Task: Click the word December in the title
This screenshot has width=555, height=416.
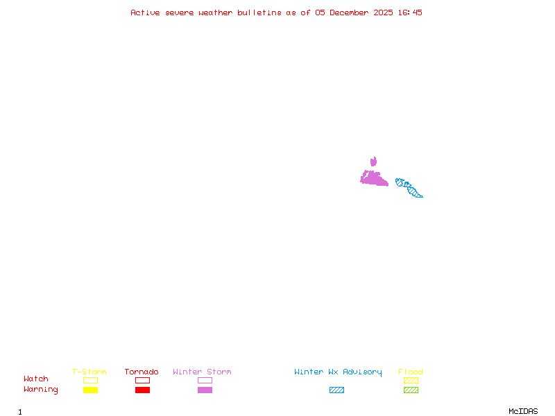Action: point(351,12)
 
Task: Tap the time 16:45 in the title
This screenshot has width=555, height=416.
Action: point(410,12)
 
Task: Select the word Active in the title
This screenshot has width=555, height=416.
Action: point(146,12)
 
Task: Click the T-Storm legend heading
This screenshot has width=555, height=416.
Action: point(89,372)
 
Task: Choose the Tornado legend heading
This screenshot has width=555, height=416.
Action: point(142,372)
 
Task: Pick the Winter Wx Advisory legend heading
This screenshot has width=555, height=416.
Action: point(338,372)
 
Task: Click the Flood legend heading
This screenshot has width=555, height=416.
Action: point(411,372)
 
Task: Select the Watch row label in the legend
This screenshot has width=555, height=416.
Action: point(36,379)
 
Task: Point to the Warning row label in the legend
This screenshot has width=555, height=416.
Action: point(41,390)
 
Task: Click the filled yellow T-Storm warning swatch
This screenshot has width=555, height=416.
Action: point(90,390)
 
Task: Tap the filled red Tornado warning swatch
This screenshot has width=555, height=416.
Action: point(142,390)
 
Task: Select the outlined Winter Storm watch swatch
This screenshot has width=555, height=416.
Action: point(205,380)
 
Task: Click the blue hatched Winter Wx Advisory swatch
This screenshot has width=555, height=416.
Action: point(336,390)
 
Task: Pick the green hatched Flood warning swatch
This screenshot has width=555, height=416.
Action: point(411,390)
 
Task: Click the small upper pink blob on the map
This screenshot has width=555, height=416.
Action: point(373,162)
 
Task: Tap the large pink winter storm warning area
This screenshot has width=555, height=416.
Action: point(373,179)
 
